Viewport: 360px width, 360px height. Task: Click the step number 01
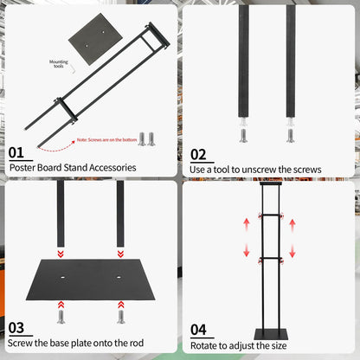click(x=16, y=152)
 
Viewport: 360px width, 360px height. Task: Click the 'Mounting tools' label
click(x=59, y=65)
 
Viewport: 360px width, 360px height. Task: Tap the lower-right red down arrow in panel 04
click(x=292, y=251)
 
